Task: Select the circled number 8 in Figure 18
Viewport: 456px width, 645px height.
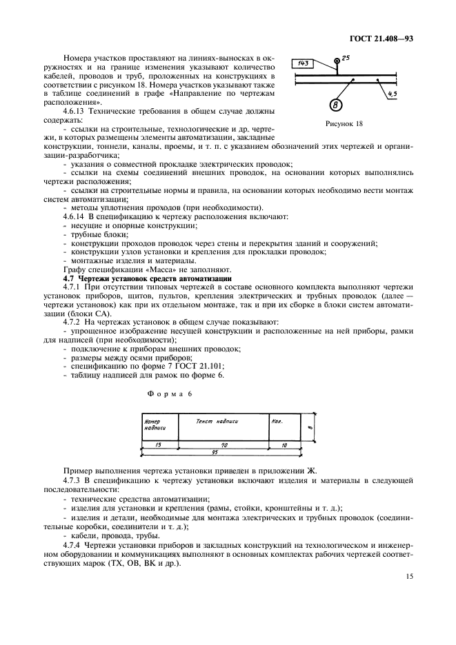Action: (x=335, y=105)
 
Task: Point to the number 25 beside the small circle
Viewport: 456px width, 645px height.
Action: (x=346, y=58)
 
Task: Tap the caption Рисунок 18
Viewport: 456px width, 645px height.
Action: (x=338, y=124)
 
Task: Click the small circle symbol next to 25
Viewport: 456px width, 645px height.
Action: (x=337, y=61)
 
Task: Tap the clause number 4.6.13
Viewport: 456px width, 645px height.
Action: (x=73, y=110)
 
